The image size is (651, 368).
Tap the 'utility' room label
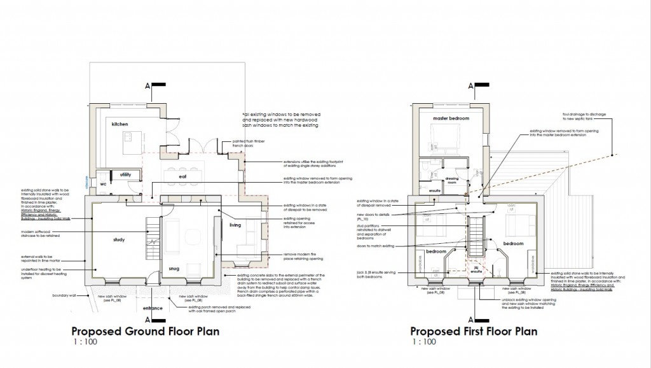pos(125,174)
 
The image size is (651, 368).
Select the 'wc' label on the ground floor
pos(101,183)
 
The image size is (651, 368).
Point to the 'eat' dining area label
pos(182,177)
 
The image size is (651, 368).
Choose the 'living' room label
pos(235,225)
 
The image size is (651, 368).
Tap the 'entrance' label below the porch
pos(153,308)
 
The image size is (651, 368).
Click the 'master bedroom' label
pos(450,119)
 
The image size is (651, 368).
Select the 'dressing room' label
pos(453,180)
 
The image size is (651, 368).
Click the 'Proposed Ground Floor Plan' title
pos(146,331)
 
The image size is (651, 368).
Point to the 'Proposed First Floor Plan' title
pos(474,331)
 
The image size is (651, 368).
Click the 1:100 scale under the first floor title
pos(423,343)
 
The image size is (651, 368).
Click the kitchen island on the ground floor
pos(132,138)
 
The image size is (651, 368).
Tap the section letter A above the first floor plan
pos(470,85)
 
